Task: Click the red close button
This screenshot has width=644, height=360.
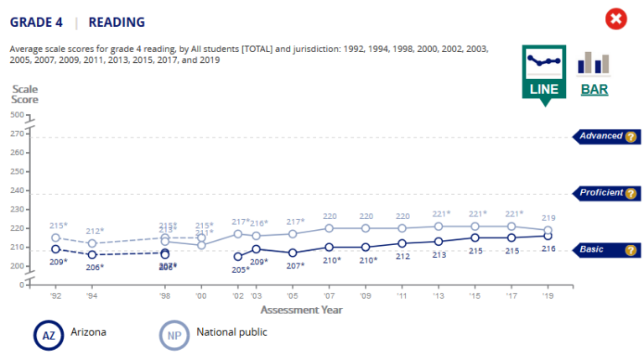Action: tap(616, 19)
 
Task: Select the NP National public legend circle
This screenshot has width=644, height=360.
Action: tap(173, 334)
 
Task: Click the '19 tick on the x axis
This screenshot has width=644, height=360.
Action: tap(548, 296)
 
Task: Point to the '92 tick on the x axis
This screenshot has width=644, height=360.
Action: tap(55, 296)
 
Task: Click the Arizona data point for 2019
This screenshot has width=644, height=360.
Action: tap(548, 236)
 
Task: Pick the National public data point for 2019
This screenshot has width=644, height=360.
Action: tap(548, 230)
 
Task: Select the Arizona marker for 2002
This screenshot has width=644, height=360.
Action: tap(238, 257)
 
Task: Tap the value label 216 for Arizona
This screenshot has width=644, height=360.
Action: tap(548, 249)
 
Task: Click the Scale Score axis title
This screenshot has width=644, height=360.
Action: tap(24, 94)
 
